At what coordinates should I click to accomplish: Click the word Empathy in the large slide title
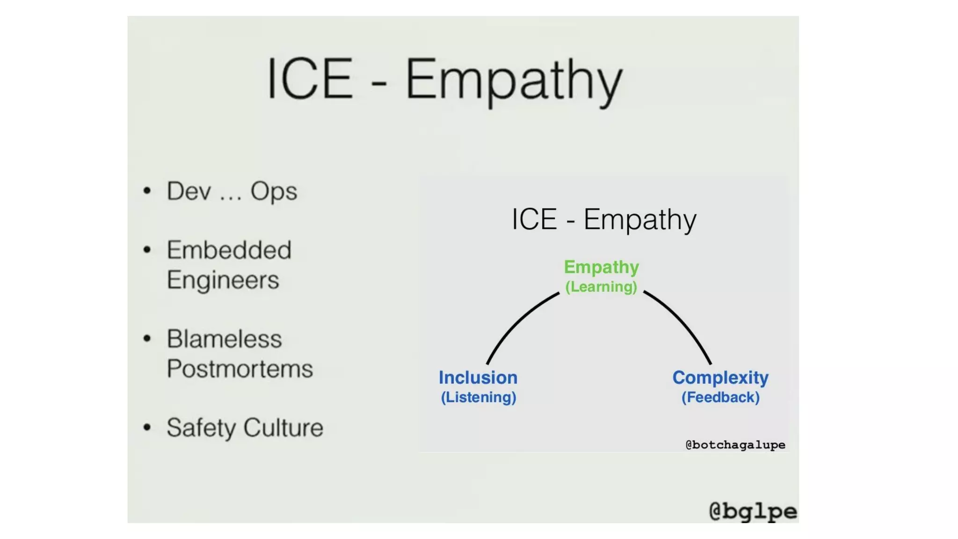514,80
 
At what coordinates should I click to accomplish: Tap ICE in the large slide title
310,79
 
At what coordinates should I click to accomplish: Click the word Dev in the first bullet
189,191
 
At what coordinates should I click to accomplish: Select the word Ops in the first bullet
274,191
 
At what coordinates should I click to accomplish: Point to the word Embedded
229,250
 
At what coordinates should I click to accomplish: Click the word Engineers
223,280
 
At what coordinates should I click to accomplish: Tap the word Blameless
225,339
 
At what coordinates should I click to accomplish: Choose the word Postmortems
240,369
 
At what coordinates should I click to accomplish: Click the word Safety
202,428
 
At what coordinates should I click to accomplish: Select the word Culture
283,428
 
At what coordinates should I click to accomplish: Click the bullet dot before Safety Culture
147,427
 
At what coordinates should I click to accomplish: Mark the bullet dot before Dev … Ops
147,191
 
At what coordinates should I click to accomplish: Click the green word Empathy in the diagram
601,267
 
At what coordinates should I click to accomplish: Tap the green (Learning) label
601,287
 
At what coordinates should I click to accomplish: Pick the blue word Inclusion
478,378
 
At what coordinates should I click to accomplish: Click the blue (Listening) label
479,397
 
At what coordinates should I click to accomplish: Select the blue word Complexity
720,378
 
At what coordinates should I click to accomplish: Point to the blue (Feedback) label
720,397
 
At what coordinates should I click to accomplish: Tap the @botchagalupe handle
735,444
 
